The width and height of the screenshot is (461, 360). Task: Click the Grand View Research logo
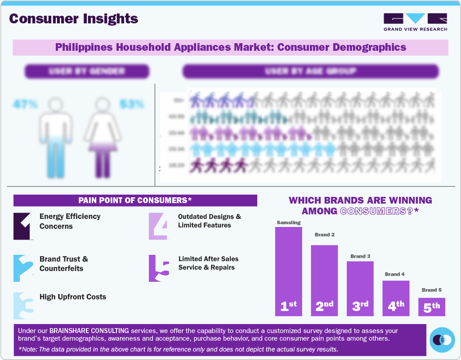[x=415, y=22]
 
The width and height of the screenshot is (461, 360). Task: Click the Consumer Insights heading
[x=74, y=19]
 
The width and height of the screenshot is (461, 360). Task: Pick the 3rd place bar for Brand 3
[x=360, y=288]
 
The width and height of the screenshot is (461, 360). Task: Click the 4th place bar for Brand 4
[x=396, y=298]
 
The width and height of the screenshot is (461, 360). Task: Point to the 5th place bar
[x=431, y=307]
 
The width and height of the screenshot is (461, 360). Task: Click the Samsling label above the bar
[x=288, y=222]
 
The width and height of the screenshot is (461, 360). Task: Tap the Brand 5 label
[x=431, y=290]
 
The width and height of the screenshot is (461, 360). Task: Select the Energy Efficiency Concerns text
[x=70, y=221]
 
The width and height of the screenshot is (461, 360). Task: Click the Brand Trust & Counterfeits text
[x=64, y=264]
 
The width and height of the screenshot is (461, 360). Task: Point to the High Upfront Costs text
[x=73, y=297]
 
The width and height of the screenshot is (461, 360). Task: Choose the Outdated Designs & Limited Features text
[x=210, y=221]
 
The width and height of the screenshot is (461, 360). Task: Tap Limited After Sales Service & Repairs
[x=208, y=263]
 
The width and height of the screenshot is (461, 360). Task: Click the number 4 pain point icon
[x=158, y=226]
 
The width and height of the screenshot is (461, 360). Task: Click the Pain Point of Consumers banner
[x=135, y=200]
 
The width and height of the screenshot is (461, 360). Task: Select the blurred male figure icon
[x=55, y=137]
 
